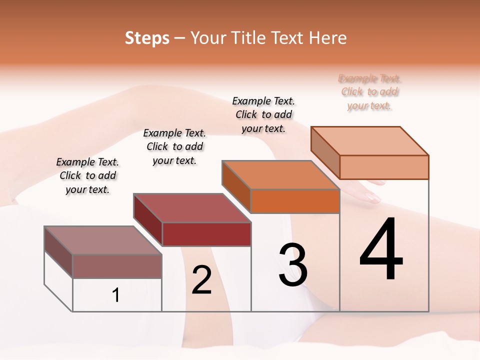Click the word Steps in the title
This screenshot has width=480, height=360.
pos(147,38)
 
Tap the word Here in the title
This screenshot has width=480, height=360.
pos(327,38)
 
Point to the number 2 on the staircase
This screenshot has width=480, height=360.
pos(201,280)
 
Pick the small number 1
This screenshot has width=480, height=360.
pos(115,295)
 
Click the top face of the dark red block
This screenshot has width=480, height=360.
pos(192,208)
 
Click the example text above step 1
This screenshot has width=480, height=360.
pos(87,175)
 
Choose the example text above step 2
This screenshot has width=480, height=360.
pos(174,146)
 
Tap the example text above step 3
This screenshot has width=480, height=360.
pos(263,114)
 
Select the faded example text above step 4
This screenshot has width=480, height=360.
pos(370,92)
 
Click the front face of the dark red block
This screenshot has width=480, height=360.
pos(206,234)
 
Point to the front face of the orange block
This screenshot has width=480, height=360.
pos(295,201)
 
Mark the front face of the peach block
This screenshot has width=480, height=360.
pos(384,167)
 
